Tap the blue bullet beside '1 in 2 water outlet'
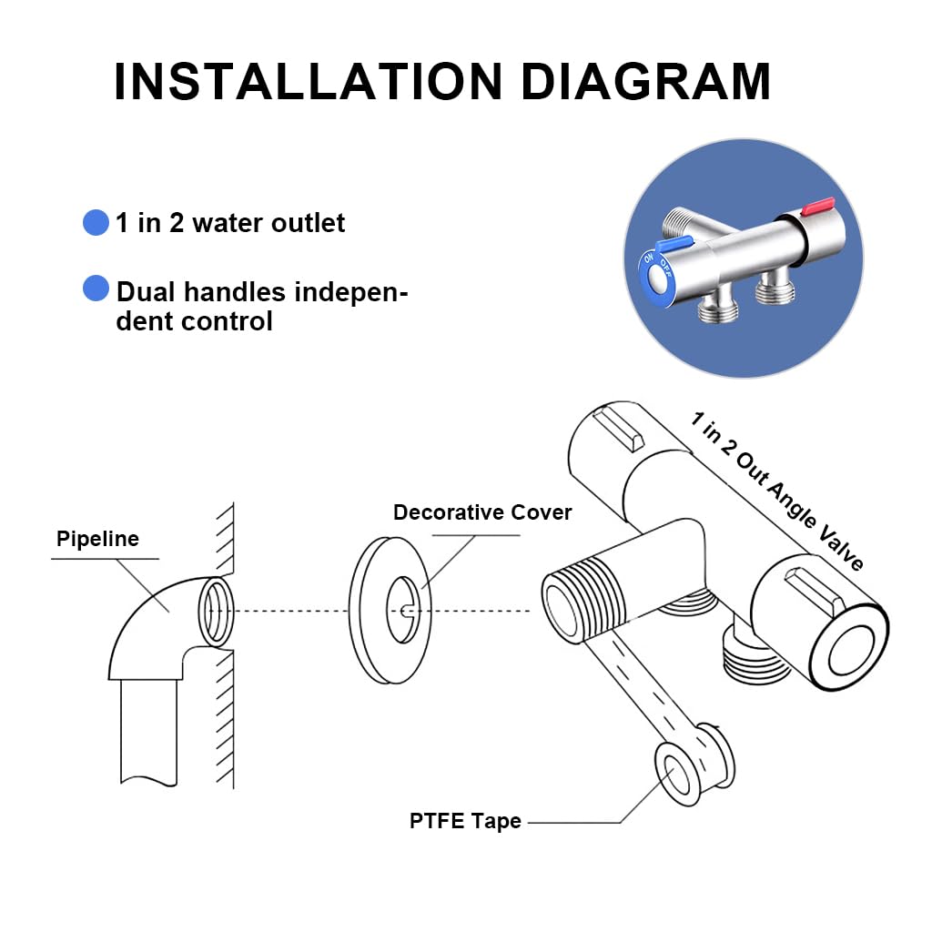[x=96, y=222]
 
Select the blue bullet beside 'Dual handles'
[x=96, y=289]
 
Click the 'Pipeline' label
[x=97, y=538]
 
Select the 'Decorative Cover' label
[x=482, y=512]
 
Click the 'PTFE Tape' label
[x=465, y=821]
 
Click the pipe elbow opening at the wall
[x=216, y=611]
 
